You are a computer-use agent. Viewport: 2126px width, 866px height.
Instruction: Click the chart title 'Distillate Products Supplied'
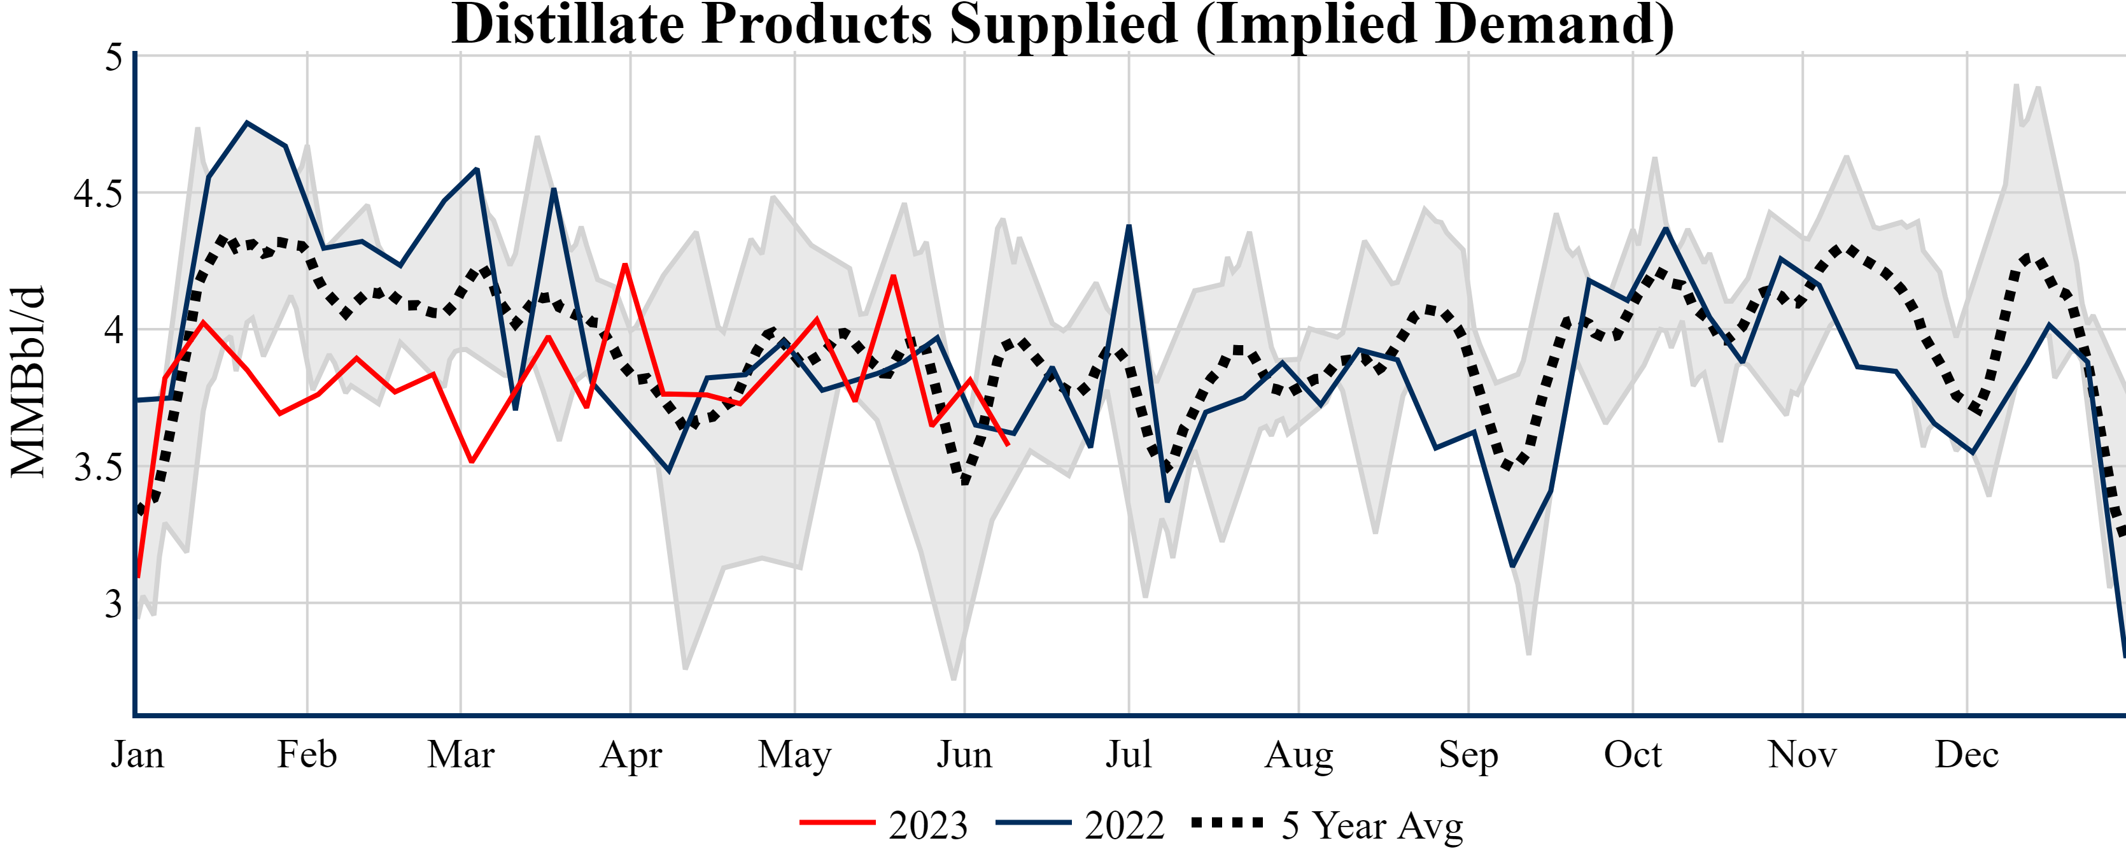pyautogui.click(x=1063, y=25)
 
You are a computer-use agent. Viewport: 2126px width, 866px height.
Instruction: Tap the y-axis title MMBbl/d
pyautogui.click(x=28, y=381)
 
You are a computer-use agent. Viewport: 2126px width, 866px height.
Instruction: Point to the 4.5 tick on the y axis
pyautogui.click(x=97, y=195)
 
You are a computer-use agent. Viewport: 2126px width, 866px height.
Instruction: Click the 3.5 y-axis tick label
pyautogui.click(x=97, y=468)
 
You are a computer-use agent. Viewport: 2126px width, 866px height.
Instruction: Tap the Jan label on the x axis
pyautogui.click(x=137, y=755)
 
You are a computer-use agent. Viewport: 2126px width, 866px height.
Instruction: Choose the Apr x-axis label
pyautogui.click(x=631, y=755)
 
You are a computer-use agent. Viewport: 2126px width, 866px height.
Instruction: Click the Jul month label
pyautogui.click(x=1128, y=755)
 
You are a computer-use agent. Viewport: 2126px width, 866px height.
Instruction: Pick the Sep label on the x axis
pyautogui.click(x=1468, y=755)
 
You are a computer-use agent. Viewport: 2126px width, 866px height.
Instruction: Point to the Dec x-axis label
pyautogui.click(x=1967, y=755)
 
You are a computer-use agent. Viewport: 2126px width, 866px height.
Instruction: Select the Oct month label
pyautogui.click(x=1633, y=755)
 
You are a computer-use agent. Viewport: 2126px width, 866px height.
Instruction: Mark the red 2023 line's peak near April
pyautogui.click(x=626, y=264)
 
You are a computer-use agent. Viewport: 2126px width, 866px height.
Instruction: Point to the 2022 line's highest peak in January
pyautogui.click(x=247, y=123)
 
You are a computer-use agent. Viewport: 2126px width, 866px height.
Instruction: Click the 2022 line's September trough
pyautogui.click(x=1512, y=566)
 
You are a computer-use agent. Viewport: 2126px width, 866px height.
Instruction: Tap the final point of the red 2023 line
pyautogui.click(x=1008, y=445)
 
